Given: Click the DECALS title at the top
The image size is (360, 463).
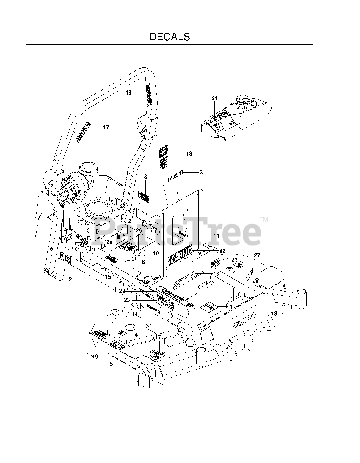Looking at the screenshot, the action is coord(170,37).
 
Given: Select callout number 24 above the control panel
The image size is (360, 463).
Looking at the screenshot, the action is coord(215,98).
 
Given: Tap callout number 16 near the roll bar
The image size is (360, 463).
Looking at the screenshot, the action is coord(128,93).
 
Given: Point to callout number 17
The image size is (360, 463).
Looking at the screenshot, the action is coord(106,127).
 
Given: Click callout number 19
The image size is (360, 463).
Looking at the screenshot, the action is coord(189,154).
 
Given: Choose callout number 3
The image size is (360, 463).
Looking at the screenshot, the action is coord(201,173).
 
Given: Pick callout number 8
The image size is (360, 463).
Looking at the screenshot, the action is coord(146,177).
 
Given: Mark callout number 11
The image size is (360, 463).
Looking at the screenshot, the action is coord(216,235).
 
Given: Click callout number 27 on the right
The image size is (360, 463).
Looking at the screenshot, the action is coord(257,255).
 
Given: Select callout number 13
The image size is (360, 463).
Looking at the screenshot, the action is coord(274,314).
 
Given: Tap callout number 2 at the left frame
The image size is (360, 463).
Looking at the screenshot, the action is coord(70,279).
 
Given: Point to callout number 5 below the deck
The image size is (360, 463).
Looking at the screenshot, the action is coord(111,364).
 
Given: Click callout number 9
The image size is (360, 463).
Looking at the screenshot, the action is coord(96,357).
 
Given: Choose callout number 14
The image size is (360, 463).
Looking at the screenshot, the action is coord(134,314).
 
